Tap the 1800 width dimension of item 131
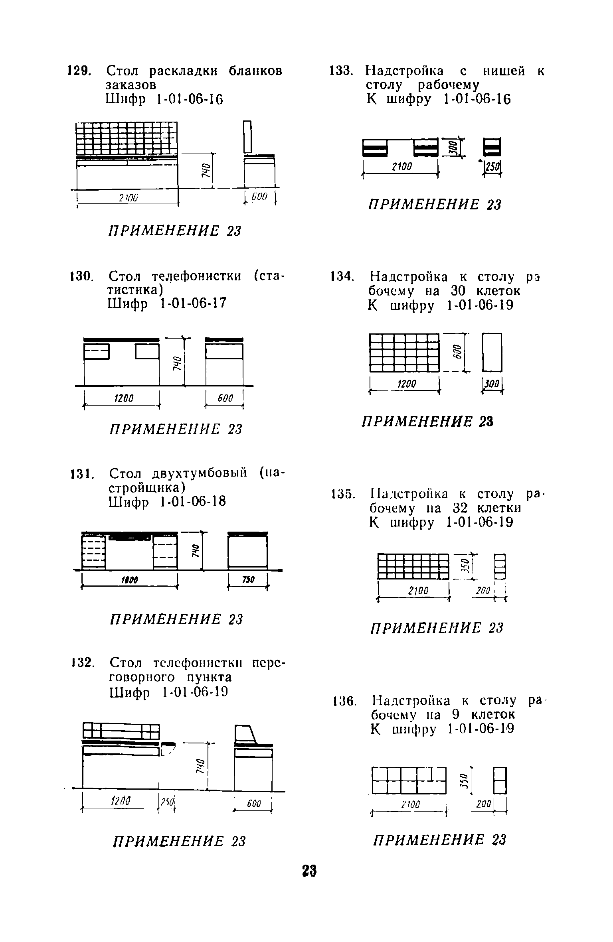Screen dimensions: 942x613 click(129, 581)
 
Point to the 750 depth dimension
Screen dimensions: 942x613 click(248, 580)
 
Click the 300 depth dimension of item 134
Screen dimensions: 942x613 click(492, 384)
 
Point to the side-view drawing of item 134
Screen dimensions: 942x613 click(492, 352)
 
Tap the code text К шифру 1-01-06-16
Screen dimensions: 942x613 click(438, 100)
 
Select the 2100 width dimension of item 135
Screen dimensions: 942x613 click(418, 590)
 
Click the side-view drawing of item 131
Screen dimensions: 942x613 click(247, 550)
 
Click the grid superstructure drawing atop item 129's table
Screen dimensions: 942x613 click(127, 138)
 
